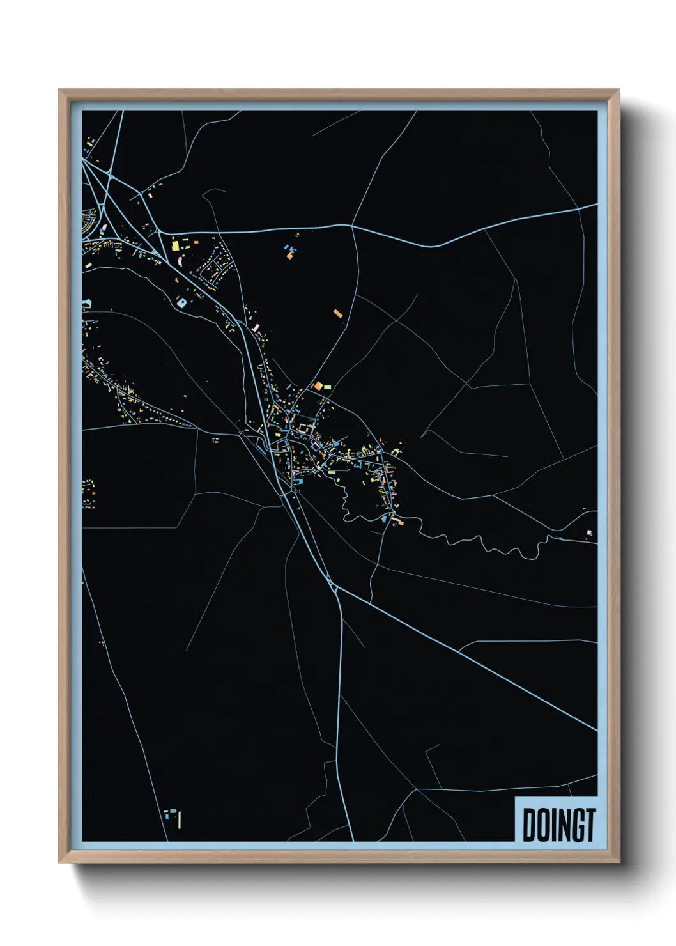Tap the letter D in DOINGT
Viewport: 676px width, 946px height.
click(x=530, y=825)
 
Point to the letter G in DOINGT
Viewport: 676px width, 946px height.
click(x=575, y=825)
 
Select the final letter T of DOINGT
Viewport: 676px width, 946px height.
click(x=590, y=825)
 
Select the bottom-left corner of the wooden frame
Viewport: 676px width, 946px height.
click(x=59, y=862)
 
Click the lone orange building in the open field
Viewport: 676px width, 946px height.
click(x=338, y=313)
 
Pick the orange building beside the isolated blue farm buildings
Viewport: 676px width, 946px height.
click(x=289, y=256)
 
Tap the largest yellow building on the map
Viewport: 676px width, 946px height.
click(x=175, y=245)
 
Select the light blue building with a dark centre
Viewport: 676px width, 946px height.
click(x=182, y=302)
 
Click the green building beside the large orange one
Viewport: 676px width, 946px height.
click(x=328, y=387)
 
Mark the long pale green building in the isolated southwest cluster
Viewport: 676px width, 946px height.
click(x=180, y=818)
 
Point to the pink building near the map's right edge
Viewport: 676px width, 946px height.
click(x=590, y=532)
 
